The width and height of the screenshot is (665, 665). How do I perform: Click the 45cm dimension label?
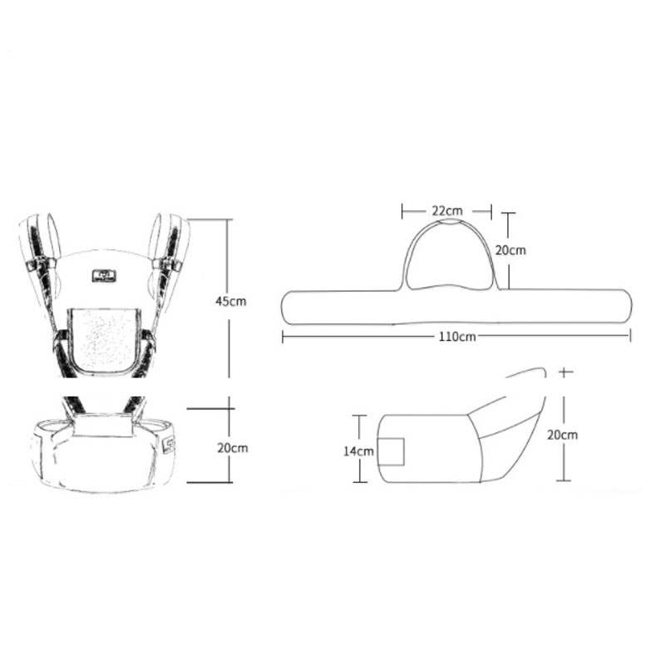click(x=231, y=302)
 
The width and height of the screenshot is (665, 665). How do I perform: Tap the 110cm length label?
click(x=457, y=337)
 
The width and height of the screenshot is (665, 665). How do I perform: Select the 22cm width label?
click(x=447, y=211)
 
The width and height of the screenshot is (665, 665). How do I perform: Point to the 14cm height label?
click(x=359, y=451)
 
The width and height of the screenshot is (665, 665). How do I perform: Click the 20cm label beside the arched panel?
click(x=510, y=250)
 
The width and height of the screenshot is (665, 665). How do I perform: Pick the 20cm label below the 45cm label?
click(x=233, y=448)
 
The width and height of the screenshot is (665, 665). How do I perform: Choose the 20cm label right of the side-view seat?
click(x=563, y=435)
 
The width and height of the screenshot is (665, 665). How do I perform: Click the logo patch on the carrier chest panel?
click(x=104, y=276)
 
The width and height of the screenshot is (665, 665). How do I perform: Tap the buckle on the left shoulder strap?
click(x=41, y=264)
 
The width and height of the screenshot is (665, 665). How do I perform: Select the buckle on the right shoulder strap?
click(x=167, y=265)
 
